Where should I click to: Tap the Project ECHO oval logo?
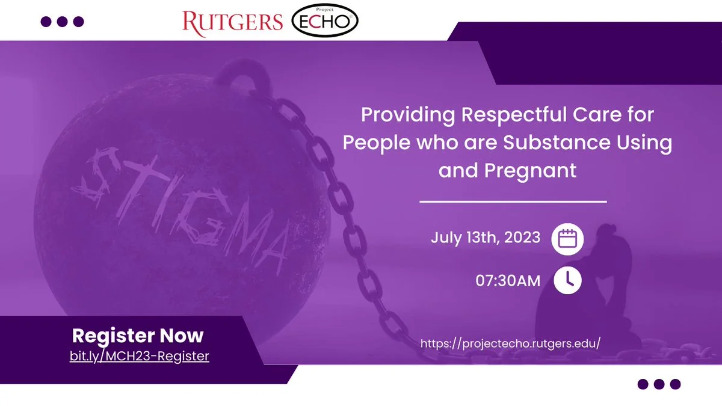325,20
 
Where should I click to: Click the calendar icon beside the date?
567,239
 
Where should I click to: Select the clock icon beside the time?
567,280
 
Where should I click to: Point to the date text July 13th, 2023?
486,238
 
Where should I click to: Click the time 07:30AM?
508,281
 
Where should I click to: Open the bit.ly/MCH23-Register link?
139,356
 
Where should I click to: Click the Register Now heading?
138,336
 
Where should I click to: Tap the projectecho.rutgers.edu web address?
511,343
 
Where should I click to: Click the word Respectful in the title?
514,115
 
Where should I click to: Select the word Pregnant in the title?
530,171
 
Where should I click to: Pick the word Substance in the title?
557,143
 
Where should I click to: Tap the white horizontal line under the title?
513,201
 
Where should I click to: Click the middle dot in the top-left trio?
62,22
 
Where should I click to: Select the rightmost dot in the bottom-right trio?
675,384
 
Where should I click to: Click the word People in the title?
376,143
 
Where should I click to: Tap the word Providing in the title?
408,115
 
